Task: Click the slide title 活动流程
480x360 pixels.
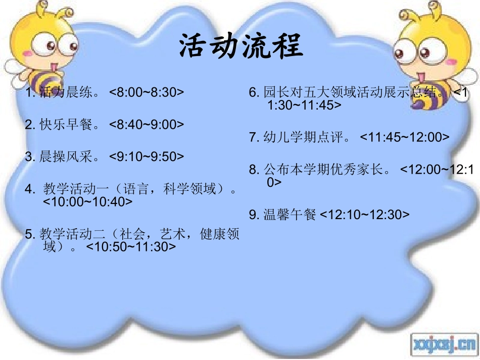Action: coord(241,47)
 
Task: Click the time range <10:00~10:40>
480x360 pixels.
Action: coord(88,201)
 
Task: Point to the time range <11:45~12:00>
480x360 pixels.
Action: coord(404,137)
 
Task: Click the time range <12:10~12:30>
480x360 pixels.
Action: coord(365,215)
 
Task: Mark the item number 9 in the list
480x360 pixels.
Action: coord(254,215)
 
